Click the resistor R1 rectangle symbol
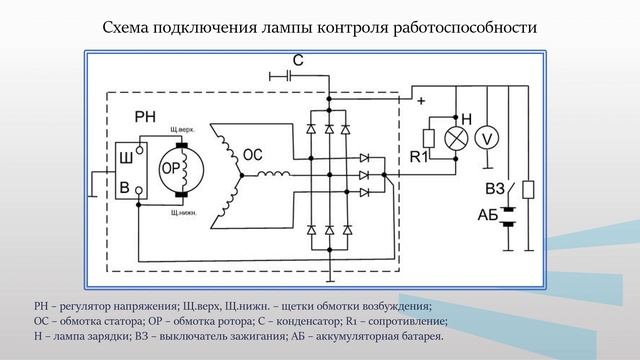click(x=427, y=138)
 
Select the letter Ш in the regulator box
click(x=125, y=157)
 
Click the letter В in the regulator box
click(x=125, y=187)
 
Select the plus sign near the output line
click(x=421, y=102)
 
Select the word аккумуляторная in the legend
click(x=354, y=337)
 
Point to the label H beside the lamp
click(x=466, y=119)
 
